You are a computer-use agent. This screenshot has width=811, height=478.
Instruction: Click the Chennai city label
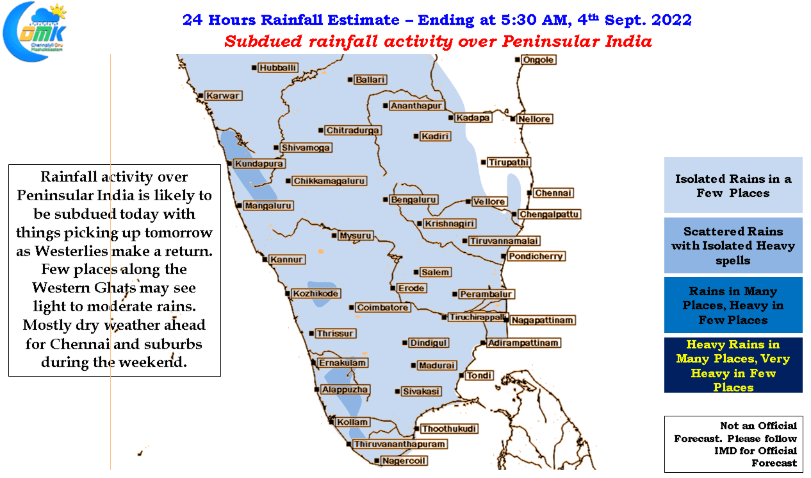[553, 193]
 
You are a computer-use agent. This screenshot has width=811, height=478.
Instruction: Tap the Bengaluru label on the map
[413, 200]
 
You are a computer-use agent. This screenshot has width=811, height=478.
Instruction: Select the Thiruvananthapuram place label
[399, 444]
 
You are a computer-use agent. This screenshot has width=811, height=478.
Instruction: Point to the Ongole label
[538, 60]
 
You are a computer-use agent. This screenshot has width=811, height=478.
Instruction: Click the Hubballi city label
[277, 68]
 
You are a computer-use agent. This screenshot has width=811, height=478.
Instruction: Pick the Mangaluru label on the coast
[268, 205]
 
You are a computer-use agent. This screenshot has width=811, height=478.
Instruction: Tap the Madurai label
[437, 365]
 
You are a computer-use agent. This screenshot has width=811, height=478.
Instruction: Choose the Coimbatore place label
[382, 307]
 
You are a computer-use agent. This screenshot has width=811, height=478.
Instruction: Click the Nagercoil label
[404, 461]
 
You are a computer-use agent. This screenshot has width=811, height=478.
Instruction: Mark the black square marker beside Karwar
[201, 96]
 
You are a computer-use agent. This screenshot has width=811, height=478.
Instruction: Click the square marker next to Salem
[416, 272]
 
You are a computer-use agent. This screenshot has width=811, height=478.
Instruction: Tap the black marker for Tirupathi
[483, 162]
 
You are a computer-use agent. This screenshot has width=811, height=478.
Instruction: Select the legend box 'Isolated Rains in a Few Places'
[733, 185]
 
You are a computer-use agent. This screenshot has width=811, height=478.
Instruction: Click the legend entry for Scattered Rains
[733, 245]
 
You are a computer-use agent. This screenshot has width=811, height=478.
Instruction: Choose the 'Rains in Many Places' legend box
[733, 305]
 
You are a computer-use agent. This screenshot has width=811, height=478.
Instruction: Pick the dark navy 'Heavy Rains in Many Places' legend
[733, 365]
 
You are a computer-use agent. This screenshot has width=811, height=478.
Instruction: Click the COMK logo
[35, 31]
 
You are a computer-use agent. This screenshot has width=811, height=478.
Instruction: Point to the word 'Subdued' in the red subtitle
[263, 41]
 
